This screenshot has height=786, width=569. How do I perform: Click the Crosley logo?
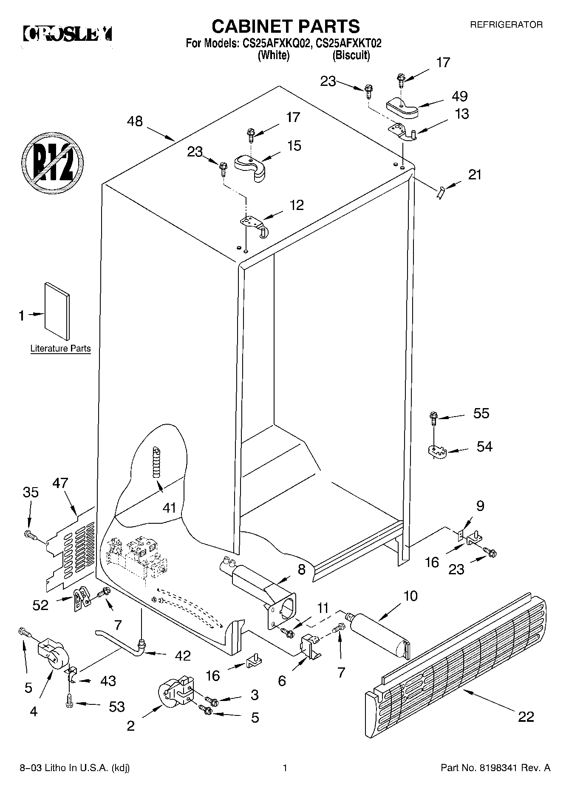(x=67, y=34)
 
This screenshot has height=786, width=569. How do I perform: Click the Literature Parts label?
(x=60, y=349)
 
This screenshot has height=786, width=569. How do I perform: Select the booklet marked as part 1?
(x=57, y=311)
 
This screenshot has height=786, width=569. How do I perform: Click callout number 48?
(x=135, y=122)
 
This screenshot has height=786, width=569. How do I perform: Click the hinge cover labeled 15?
(x=250, y=166)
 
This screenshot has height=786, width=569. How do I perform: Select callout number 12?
(x=297, y=205)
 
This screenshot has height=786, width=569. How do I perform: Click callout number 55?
(x=481, y=413)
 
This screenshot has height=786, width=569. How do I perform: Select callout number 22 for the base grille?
(x=526, y=717)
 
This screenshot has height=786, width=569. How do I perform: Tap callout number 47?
(x=60, y=483)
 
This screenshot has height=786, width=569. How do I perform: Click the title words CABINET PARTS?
(x=286, y=26)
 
